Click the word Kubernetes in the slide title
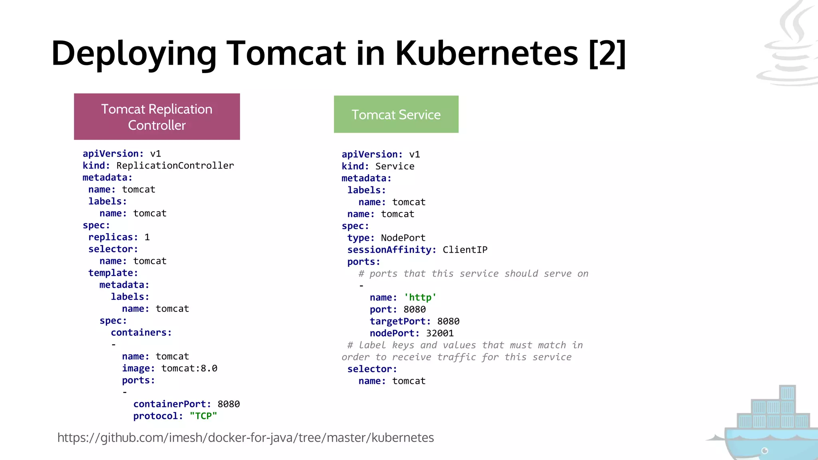486,53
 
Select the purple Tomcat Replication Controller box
157,117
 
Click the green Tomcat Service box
396,115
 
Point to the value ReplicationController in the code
175,166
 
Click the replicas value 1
147,237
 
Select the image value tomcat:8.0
189,368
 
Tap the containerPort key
172,404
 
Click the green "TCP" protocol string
203,416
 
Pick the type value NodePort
403,238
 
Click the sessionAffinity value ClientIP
465,250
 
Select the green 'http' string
420,297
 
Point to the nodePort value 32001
440,333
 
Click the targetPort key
400,321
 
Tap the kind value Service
395,167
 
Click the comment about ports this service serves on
473,274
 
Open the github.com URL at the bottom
246,438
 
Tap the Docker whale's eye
765,451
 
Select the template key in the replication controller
113,273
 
